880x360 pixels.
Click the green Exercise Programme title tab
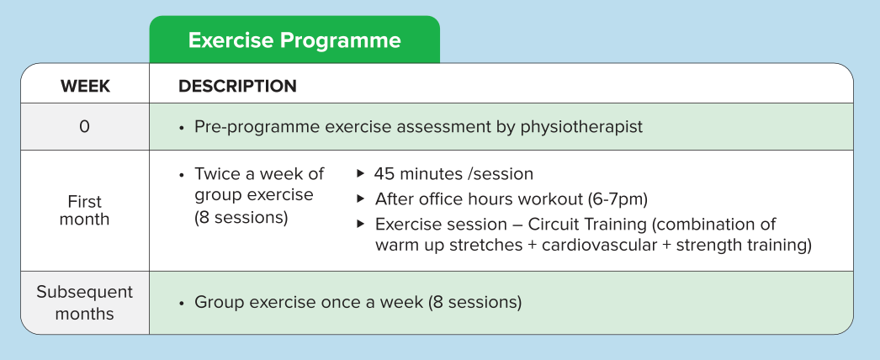point(294,40)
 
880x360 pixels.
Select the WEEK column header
point(85,87)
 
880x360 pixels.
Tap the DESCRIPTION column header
point(237,87)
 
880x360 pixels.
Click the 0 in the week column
point(84,127)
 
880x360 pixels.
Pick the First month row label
point(84,210)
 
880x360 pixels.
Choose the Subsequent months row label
point(84,303)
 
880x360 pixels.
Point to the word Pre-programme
point(257,127)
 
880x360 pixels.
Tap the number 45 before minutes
point(384,174)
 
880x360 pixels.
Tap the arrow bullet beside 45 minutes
point(361,173)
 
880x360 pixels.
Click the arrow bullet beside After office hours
point(361,198)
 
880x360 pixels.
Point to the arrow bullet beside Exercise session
point(361,224)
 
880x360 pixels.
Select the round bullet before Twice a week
point(181,175)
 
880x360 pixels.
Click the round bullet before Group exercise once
point(181,304)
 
